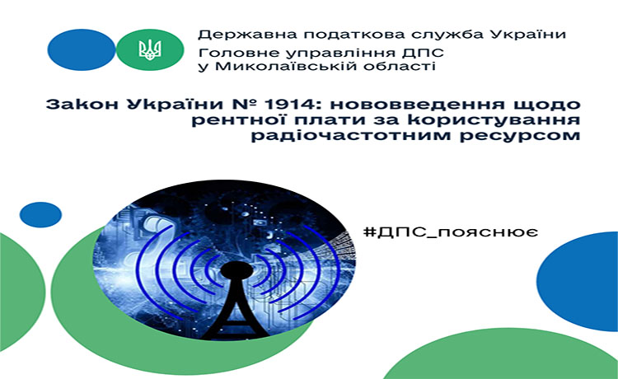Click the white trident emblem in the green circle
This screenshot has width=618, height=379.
[150, 49]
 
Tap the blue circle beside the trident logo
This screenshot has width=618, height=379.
[82, 49]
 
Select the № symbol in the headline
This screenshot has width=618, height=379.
[246, 105]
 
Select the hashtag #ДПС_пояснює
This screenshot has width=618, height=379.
[451, 232]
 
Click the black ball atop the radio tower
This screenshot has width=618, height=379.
[236, 272]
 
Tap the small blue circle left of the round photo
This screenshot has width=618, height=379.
[40, 215]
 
